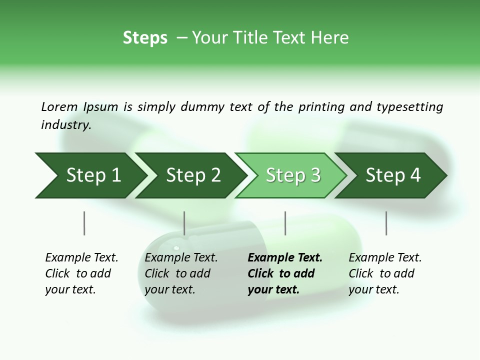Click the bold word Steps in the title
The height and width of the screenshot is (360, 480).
click(x=145, y=37)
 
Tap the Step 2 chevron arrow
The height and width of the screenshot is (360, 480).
click(x=193, y=175)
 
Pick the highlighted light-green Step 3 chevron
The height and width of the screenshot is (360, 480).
click(x=293, y=175)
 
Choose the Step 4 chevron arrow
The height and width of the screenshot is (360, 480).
click(x=393, y=175)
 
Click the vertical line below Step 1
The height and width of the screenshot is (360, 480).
click(x=84, y=223)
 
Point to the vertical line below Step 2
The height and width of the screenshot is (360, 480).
click(x=184, y=223)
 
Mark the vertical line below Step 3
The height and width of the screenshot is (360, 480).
click(x=285, y=223)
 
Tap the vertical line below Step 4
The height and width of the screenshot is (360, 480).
click(x=386, y=223)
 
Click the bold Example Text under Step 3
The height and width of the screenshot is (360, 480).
click(x=285, y=257)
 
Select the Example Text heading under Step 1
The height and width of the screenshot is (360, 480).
click(x=81, y=257)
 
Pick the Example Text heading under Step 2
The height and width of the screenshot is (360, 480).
click(x=181, y=257)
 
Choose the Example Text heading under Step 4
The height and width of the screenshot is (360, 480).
click(x=385, y=257)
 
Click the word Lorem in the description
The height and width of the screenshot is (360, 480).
click(x=59, y=106)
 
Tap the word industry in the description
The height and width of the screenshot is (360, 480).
click(x=65, y=124)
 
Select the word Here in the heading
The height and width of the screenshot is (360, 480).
click(x=330, y=37)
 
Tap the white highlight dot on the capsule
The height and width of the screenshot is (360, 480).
click(x=175, y=247)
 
